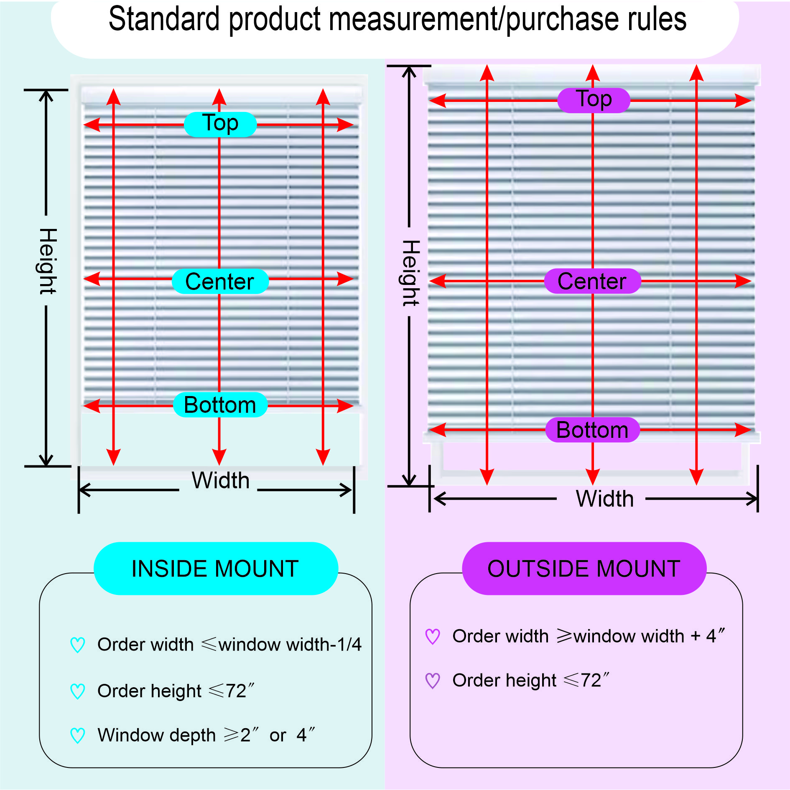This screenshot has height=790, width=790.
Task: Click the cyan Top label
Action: coord(220,124)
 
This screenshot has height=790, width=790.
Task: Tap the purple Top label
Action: coord(594,100)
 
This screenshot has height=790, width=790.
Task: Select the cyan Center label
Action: coord(220,281)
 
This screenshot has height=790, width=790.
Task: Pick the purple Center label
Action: coord(592,281)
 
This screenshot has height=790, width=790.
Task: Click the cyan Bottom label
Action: coord(220,404)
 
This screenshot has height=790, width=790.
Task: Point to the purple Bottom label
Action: coord(593,429)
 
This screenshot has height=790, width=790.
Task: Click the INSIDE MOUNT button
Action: coord(216,568)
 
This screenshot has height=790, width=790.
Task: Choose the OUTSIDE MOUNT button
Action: coord(584,568)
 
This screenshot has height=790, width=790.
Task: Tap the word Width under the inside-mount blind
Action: coord(220,480)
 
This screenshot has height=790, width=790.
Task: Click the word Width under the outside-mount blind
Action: coord(604,498)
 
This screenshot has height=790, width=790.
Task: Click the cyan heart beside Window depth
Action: coord(78,735)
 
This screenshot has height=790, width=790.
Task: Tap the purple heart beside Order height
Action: coord(433,681)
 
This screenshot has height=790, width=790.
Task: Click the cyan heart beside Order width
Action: coord(78,645)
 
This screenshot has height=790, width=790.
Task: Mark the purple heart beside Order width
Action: coord(433,636)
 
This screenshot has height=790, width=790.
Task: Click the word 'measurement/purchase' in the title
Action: coord(456,19)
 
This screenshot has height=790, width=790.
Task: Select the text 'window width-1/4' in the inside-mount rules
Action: coord(290,644)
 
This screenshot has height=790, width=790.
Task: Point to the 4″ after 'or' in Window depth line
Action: coord(306,735)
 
